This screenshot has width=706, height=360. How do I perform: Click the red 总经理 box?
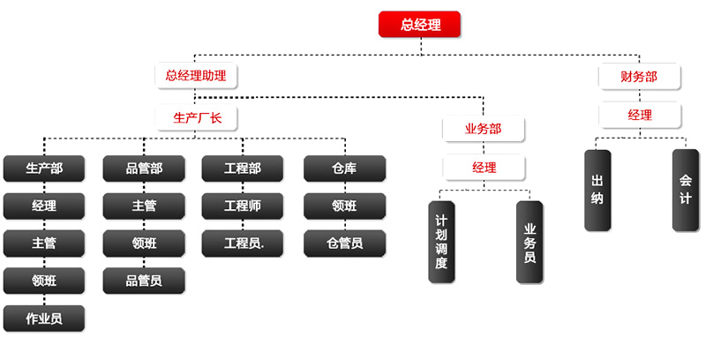tap(420, 25)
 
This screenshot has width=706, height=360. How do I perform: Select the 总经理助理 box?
tap(196, 76)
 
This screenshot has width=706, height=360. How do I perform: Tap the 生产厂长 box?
tap(198, 116)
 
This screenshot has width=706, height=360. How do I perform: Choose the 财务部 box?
tap(640, 77)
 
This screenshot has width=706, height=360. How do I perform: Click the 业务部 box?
tap(484, 129)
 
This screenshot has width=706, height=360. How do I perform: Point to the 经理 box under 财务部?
tap(640, 116)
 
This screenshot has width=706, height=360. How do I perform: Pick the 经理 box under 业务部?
tap(484, 167)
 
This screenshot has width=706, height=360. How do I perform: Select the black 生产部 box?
tap(44, 168)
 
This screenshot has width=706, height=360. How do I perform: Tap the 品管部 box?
tap(144, 168)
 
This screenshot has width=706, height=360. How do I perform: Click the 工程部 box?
tap(243, 168)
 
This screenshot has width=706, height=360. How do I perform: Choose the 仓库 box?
tap(344, 168)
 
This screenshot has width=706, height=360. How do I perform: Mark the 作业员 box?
tap(44, 318)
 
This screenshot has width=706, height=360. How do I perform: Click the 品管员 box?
tap(144, 281)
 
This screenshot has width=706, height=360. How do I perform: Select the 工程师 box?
tap(243, 206)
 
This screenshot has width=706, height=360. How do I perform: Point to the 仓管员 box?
tap(344, 243)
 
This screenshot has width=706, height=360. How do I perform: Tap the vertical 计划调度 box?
tap(441, 242)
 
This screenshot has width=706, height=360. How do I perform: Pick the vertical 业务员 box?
tap(529, 242)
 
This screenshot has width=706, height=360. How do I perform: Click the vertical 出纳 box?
tap(597, 190)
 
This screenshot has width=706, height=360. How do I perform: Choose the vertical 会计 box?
tap(685, 190)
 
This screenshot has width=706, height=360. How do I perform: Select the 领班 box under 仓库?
tap(344, 206)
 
